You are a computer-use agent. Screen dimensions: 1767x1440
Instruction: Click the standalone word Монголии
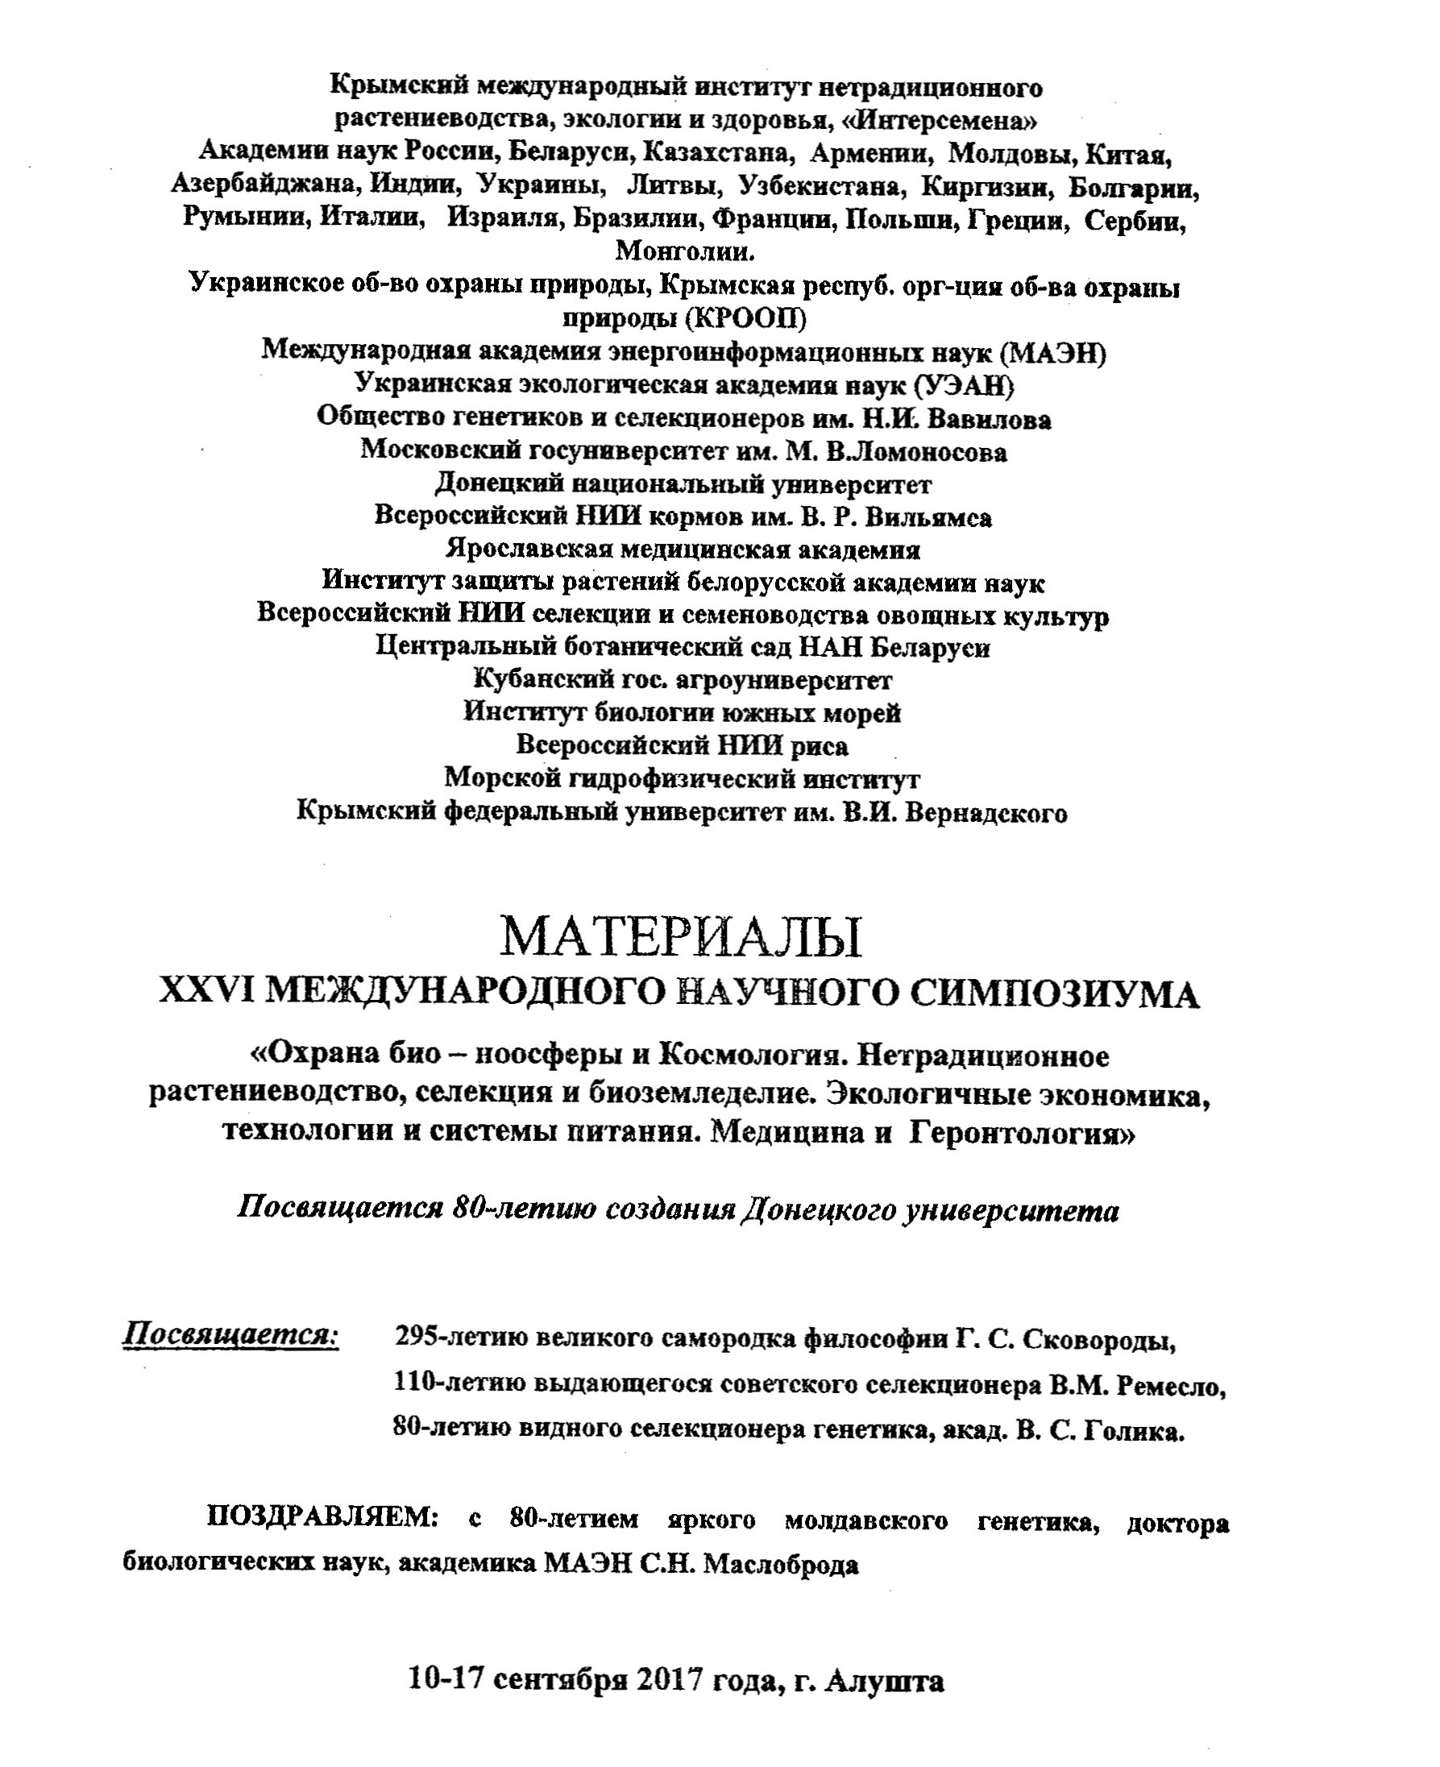point(684,250)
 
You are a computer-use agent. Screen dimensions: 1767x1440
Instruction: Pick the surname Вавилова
point(989,420)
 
